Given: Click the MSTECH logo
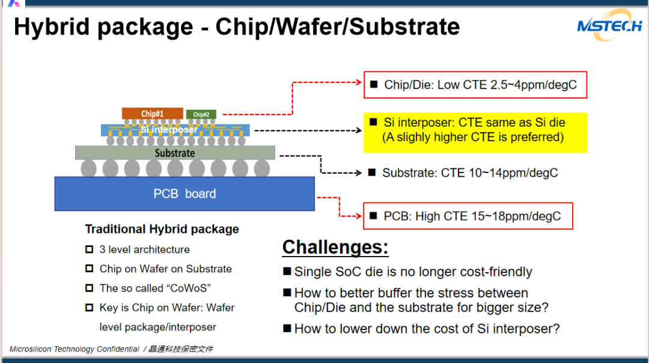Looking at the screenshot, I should coord(609,26).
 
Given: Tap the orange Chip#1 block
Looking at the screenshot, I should coord(152,113).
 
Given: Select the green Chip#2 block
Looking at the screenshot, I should coord(201,114).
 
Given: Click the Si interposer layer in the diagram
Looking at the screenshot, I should coord(174,130).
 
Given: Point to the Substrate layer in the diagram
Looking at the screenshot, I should coord(175,153).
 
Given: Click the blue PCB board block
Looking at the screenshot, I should coord(184,194).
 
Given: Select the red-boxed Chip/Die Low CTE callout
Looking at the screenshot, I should coord(475,85).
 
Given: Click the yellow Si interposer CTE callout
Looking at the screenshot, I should coord(475,130).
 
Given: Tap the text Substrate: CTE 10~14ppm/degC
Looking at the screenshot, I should coord(470,173).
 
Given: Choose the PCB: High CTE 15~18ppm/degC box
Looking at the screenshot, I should coord(468,216).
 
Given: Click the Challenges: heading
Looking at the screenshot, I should coord(335,247).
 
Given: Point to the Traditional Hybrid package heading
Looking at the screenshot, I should coord(162,229).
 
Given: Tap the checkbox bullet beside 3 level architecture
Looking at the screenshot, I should coord(90,249).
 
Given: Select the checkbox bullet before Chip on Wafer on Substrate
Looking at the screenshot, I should coord(90,269).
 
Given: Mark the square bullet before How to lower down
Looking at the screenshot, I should coord(288,329).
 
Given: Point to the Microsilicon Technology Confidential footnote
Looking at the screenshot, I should coord(75,349).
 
